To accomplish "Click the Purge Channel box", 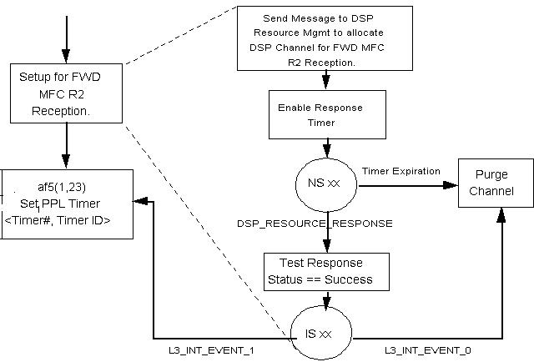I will (x=491, y=184).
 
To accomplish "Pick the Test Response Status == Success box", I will (x=327, y=272).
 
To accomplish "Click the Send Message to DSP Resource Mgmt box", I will (x=325, y=39).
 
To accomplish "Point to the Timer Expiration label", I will (x=400, y=172).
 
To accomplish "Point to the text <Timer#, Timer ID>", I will (x=68, y=220).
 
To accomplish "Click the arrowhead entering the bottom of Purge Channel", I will (x=502, y=216).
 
